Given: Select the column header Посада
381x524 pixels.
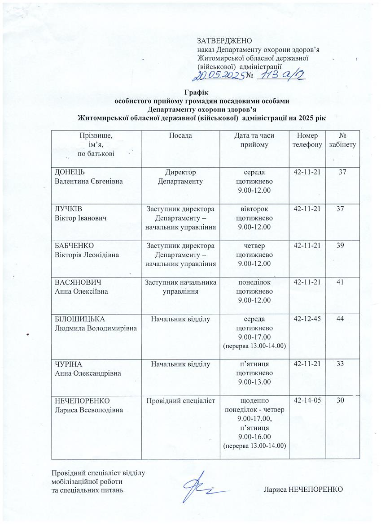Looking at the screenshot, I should pyautogui.click(x=180, y=136).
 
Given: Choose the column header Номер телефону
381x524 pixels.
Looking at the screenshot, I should pyautogui.click(x=307, y=140).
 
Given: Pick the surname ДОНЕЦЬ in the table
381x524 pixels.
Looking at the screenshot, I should pyautogui.click(x=70, y=173).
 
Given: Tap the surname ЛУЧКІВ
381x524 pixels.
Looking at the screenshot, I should pyautogui.click(x=69, y=209).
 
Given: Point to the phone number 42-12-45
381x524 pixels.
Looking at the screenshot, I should pyautogui.click(x=307, y=319).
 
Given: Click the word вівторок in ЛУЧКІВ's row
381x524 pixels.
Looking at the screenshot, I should pyautogui.click(x=254, y=209).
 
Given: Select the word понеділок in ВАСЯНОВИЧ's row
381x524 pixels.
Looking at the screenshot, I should pyautogui.click(x=254, y=282).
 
